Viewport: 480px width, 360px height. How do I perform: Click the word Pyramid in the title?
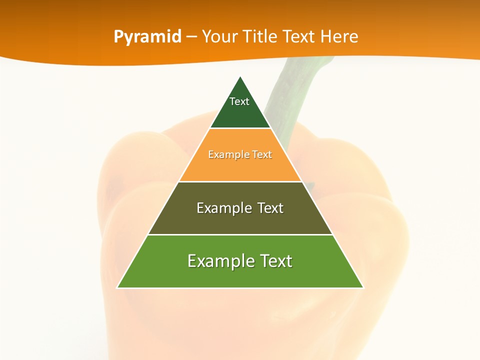click(147, 37)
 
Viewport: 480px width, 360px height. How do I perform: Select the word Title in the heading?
click(260, 37)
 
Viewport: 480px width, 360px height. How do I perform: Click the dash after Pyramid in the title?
click(191, 37)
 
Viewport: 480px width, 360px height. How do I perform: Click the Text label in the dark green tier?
click(239, 101)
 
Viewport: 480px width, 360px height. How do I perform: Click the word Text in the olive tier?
click(270, 208)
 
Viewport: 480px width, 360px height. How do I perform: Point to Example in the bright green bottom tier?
click(218, 261)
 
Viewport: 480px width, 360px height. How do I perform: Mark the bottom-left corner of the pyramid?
click(117, 287)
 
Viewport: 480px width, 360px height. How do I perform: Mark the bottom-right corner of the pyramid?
click(363, 287)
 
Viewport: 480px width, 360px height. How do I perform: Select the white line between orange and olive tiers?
click(240, 181)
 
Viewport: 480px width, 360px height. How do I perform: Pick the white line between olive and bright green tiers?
click(240, 234)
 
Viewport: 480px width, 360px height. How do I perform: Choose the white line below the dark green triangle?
click(240, 128)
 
